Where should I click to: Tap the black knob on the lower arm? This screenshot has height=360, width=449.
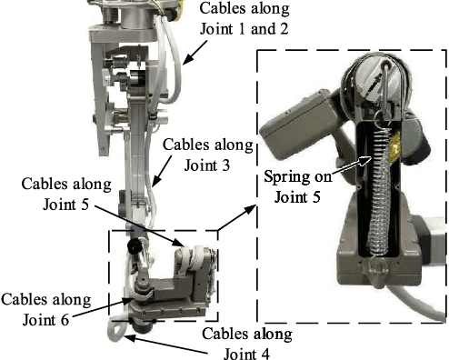click(x=135, y=246)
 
